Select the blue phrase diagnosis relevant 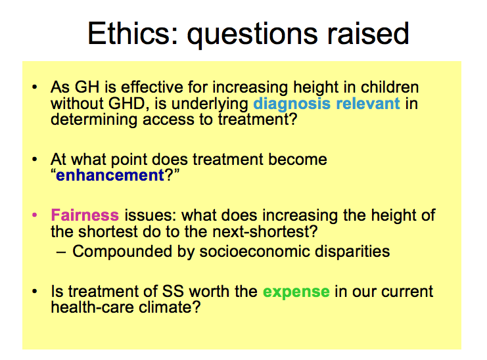pyautogui.click(x=327, y=104)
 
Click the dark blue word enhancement pyautogui.click(x=110, y=175)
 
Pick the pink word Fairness pyautogui.click(x=85, y=215)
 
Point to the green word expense pyautogui.click(x=296, y=292)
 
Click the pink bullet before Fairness pyautogui.click(x=34, y=215)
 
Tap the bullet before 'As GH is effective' pyautogui.click(x=34, y=87)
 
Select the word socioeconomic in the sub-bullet pyautogui.click(x=255, y=251)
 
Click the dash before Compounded pyautogui.click(x=61, y=252)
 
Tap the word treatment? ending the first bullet pyautogui.click(x=258, y=120)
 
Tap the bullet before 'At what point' pyautogui.click(x=34, y=160)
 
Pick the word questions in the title pyautogui.click(x=252, y=35)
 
